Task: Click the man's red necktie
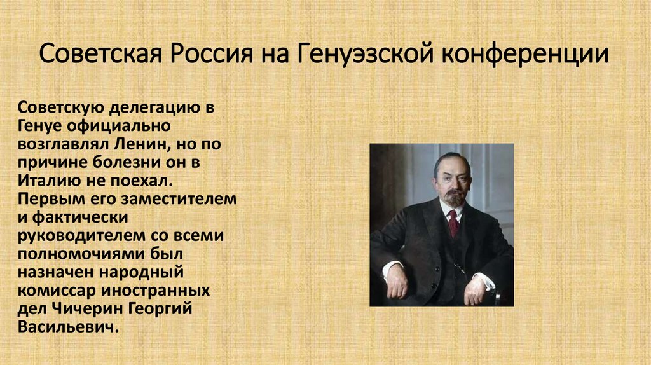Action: click(453, 223)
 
